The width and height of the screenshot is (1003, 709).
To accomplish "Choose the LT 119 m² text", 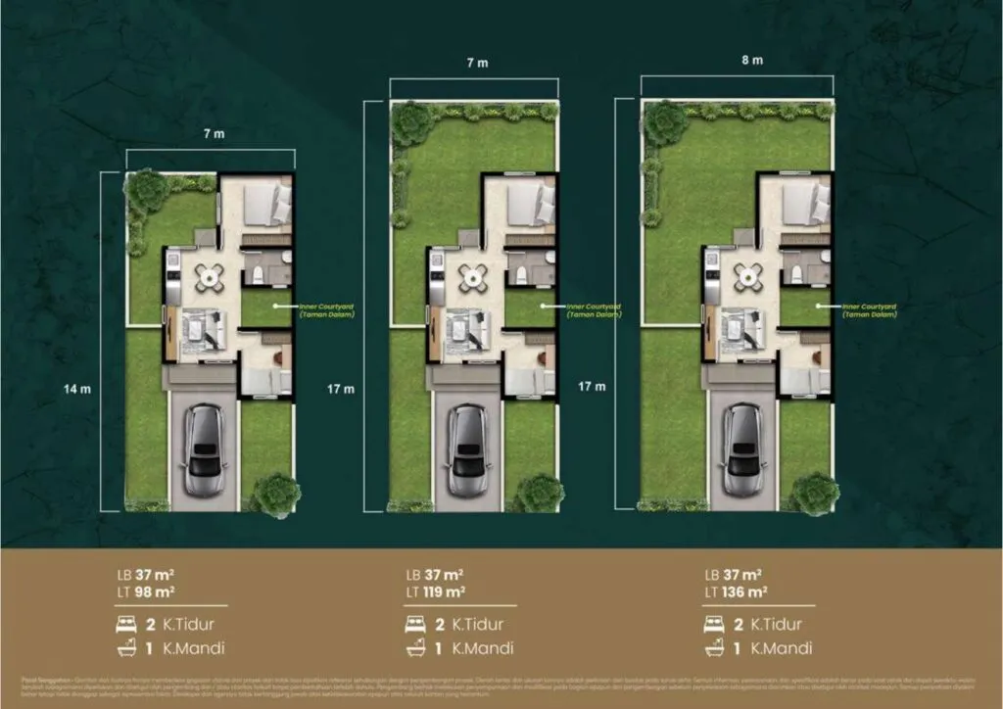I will pyautogui.click(x=435, y=591).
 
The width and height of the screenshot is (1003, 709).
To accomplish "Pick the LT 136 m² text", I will pyautogui.click(x=735, y=591).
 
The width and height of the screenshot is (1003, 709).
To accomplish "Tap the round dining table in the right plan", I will pyautogui.click(x=749, y=277).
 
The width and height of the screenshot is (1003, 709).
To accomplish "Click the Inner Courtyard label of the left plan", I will pyautogui.click(x=328, y=310).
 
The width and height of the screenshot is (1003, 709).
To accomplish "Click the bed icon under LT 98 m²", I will pyautogui.click(x=126, y=624).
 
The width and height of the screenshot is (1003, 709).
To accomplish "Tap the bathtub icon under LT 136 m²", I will pyautogui.click(x=715, y=648).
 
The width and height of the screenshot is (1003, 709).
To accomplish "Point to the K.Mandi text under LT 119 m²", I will pyautogui.click(x=480, y=648).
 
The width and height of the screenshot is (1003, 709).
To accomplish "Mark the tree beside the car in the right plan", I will pyautogui.click(x=812, y=493).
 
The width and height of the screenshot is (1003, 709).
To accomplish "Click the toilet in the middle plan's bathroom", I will pyautogui.click(x=519, y=270).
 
